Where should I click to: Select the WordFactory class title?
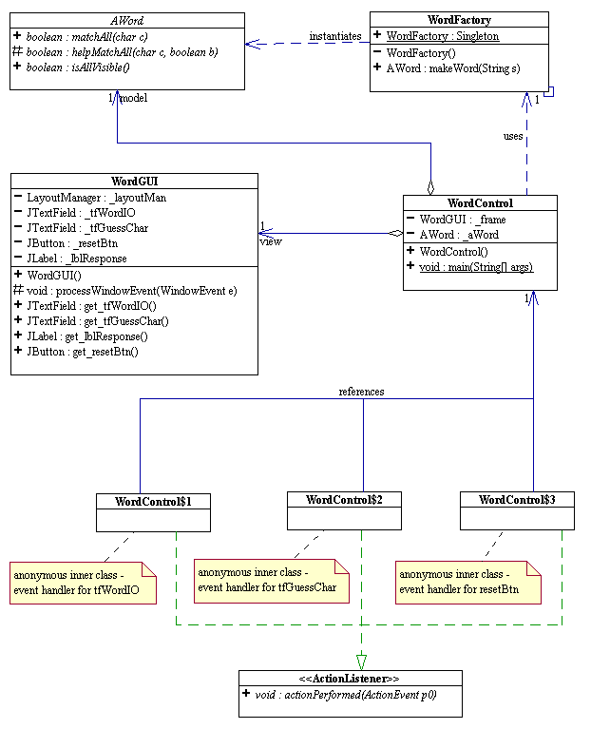tap(459, 20)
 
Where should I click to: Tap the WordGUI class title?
tap(134, 181)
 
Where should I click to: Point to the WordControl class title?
tap(480, 203)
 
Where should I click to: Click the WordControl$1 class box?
tap(153, 511)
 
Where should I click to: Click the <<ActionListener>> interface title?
tap(350, 679)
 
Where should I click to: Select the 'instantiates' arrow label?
tap(334, 36)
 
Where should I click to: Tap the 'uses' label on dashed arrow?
tap(513, 136)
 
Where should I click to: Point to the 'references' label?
tap(361, 391)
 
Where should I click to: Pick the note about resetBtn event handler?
tap(468, 582)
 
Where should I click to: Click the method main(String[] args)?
tap(475, 268)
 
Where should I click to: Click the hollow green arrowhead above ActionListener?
tap(362, 662)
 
